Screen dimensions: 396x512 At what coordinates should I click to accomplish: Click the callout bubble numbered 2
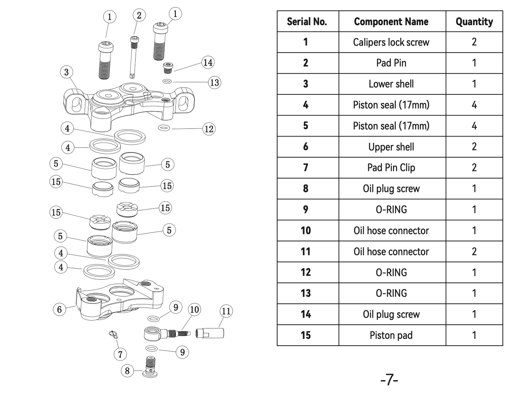coord(139,15)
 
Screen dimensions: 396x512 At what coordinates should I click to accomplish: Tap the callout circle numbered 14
coord(208,63)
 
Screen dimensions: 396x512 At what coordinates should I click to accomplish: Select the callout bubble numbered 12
coord(209,129)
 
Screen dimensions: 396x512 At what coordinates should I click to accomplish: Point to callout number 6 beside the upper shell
coord(60,309)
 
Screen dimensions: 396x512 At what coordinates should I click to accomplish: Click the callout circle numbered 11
coord(226,311)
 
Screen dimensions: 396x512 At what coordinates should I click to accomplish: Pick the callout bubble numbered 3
coord(66,72)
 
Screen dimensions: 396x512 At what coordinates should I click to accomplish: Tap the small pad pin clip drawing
coord(113,335)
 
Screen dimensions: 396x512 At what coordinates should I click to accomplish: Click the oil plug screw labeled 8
coord(151,366)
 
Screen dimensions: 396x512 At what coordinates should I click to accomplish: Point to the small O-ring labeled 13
coord(167,82)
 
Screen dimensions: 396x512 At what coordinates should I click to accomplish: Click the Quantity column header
coord(474,22)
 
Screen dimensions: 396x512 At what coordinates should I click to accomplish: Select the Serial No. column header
coord(307,22)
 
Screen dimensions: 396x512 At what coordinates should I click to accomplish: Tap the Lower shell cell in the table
coord(391,84)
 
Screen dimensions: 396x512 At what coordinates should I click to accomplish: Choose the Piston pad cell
coord(391,335)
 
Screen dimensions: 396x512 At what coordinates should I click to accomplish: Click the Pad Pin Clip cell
coord(391,168)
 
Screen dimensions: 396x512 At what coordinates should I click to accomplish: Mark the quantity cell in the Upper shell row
coord(474,147)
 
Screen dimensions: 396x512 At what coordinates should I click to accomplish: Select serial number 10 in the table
coord(306,231)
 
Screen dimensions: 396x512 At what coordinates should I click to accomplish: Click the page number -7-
coord(389,380)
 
